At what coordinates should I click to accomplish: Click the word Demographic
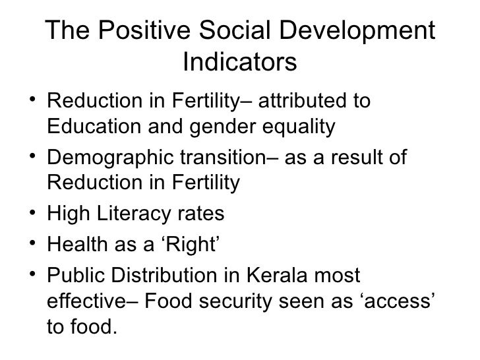click(x=106, y=159)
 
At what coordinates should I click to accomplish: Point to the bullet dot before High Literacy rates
click(x=33, y=213)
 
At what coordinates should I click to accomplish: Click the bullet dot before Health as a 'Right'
click(x=33, y=245)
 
